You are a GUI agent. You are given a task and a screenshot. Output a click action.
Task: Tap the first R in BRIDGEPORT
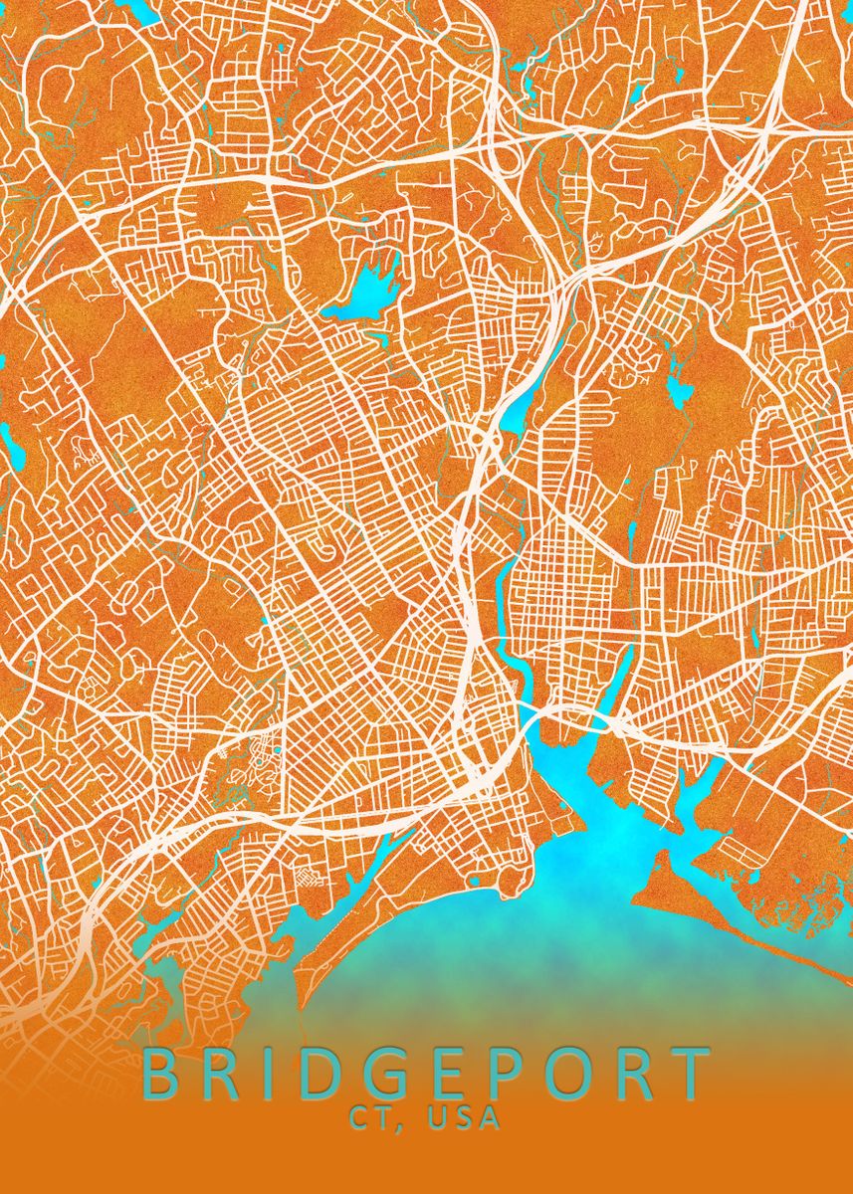[227, 1074]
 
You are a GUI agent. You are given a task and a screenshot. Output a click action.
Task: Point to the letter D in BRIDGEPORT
[329, 1074]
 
